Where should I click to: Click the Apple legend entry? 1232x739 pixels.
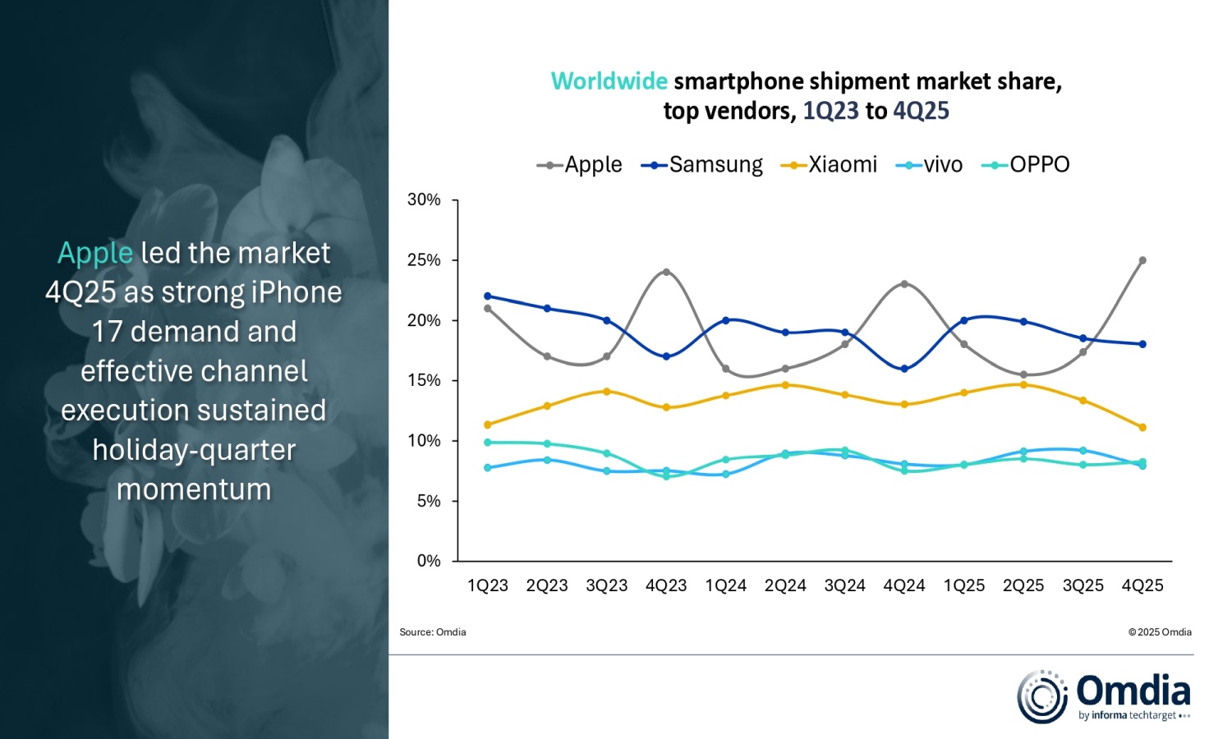[580, 165]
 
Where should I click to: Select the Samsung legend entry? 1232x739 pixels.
[702, 165]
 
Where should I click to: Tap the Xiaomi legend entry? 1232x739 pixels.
[830, 165]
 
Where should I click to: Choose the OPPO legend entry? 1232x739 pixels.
[1026, 165]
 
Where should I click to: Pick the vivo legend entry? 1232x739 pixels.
[930, 165]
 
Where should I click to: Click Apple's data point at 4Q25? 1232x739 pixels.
[1142, 260]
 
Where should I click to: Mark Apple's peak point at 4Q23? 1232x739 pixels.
[666, 272]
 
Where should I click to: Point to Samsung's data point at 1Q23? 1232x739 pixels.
[488, 296]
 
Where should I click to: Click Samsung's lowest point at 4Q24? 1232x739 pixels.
[904, 369]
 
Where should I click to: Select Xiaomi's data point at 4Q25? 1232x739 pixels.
[1142, 427]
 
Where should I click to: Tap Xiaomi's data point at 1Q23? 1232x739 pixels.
[488, 425]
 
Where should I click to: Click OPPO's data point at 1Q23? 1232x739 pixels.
[488, 443]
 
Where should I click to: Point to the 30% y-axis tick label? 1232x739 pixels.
[424, 200]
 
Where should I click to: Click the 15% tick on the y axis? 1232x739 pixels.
[424, 380]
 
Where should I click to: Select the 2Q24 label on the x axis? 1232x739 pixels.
[785, 585]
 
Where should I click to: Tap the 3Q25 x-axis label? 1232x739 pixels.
[1083, 585]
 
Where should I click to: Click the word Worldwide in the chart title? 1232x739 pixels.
[609, 81]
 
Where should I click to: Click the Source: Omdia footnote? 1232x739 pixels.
[433, 632]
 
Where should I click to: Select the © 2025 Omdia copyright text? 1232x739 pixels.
[1160, 632]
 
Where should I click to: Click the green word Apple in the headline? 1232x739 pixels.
[95, 253]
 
